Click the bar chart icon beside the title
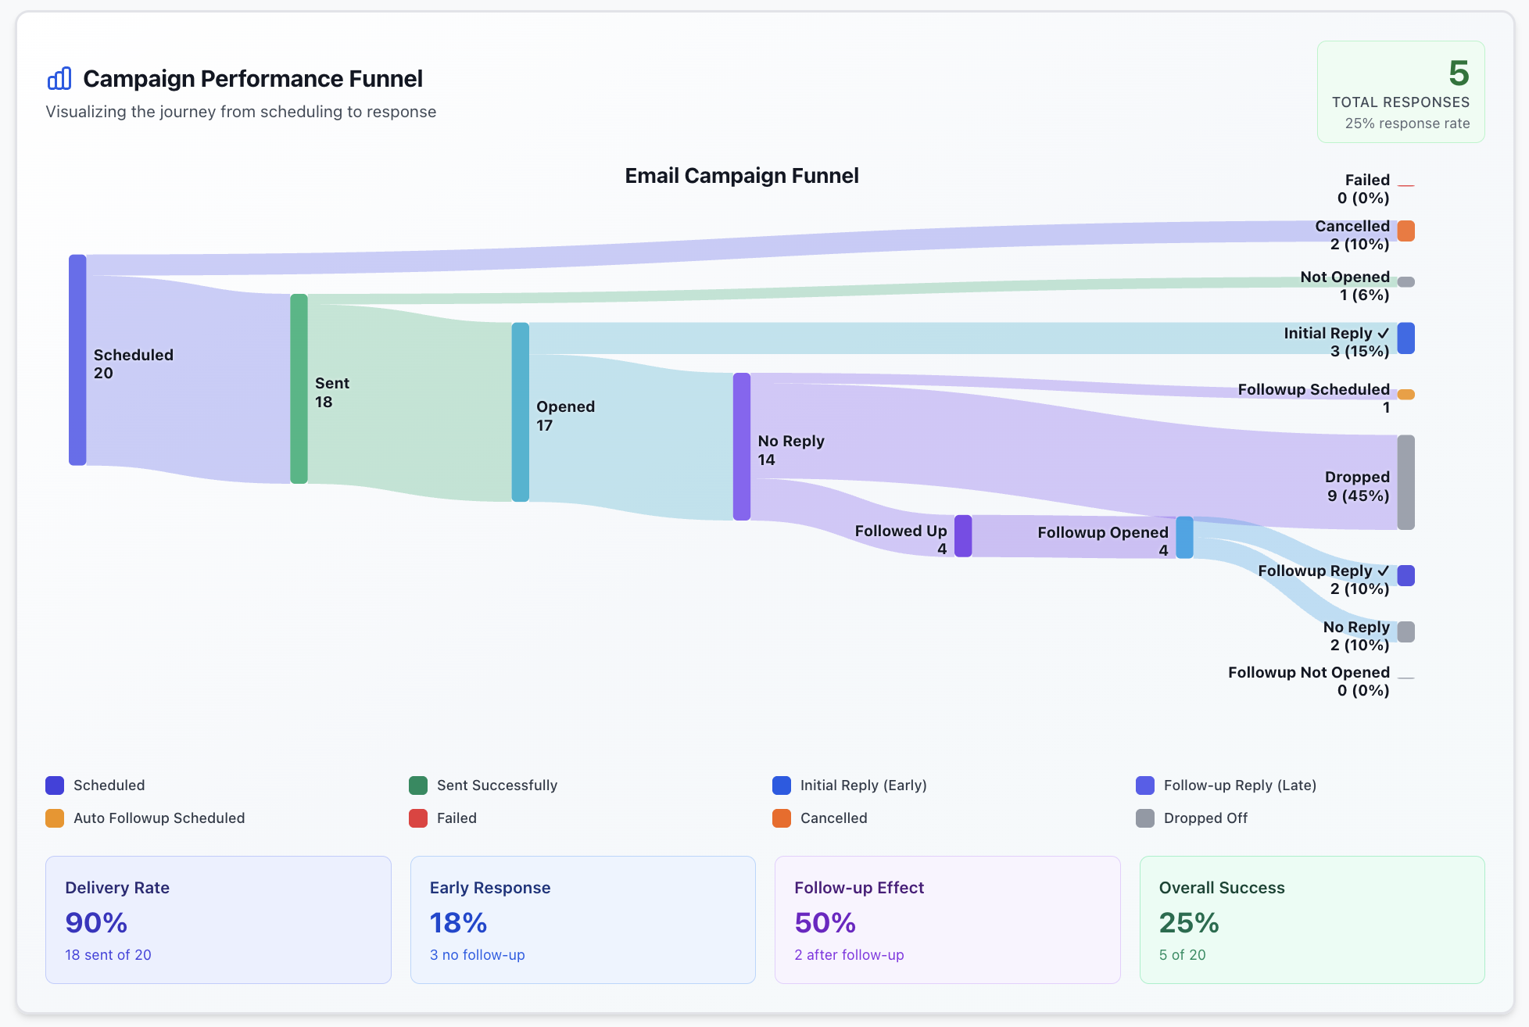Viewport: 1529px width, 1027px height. (59, 78)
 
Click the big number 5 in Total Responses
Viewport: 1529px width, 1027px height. (1458, 73)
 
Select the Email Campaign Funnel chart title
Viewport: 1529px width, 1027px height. (741, 176)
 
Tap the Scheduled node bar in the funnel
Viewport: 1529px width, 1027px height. (77, 360)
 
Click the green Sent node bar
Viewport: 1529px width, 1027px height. (299, 388)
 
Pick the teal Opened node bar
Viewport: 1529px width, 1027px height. (520, 412)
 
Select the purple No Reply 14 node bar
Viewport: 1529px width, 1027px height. (741, 446)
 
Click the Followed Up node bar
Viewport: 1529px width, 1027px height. (963, 536)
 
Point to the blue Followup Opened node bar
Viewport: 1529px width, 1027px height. (1184, 538)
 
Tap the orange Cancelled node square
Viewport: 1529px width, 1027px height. (1405, 231)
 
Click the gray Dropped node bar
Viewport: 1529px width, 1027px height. (1405, 482)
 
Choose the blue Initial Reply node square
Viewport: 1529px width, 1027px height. (1405, 338)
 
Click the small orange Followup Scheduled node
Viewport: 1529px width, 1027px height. (1405, 395)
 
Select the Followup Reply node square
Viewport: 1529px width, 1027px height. (1405, 576)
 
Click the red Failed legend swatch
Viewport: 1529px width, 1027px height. (418, 818)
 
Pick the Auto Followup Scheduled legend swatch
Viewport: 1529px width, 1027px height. (55, 818)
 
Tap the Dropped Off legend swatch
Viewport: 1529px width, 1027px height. (1144, 818)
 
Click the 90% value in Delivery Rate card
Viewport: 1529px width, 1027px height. (96, 923)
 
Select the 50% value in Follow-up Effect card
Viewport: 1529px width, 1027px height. (825, 923)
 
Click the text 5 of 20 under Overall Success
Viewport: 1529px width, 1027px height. (1182, 955)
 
